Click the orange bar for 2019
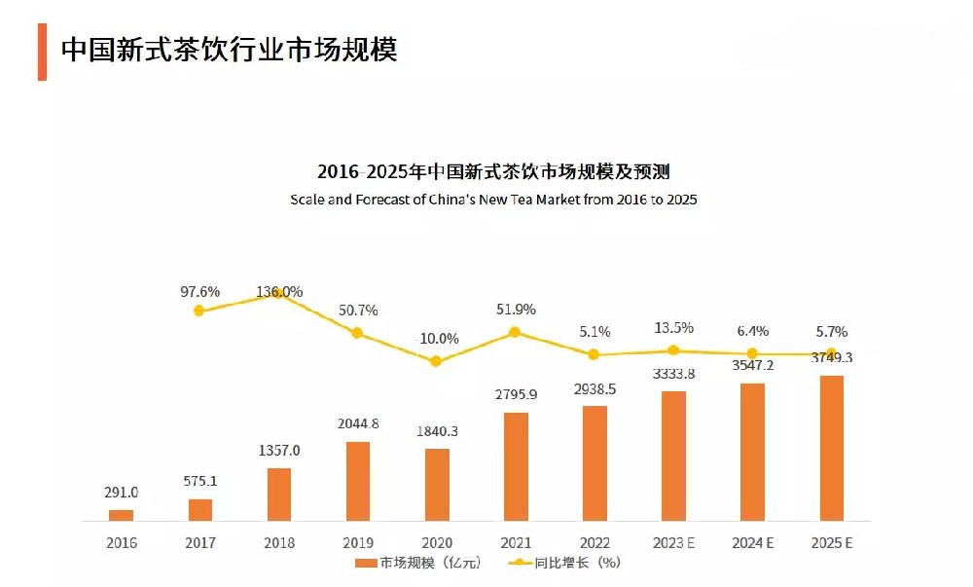coord(358,481)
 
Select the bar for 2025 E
coord(832,448)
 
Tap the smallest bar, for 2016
coord(121,515)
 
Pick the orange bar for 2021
coord(516,466)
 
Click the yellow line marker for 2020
coord(436,361)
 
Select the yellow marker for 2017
coord(199,311)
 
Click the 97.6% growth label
coord(199,291)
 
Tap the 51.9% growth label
coord(516,310)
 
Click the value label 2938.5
coord(594,388)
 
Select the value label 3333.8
coord(673,374)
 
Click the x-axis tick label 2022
coord(595,543)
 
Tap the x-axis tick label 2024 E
coord(752,543)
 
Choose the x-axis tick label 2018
coord(278,543)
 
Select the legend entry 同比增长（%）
coord(564,563)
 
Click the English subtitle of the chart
coord(493,200)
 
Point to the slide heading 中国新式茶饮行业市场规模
coord(229,51)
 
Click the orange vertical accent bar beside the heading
coord(42,52)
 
